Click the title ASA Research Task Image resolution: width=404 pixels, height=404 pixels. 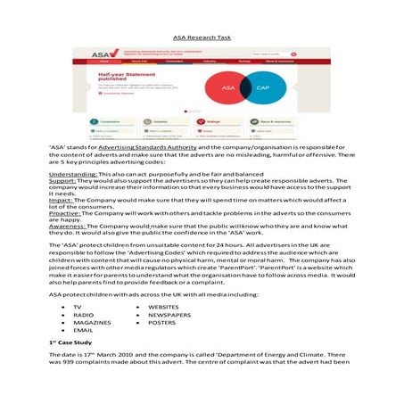click(201, 39)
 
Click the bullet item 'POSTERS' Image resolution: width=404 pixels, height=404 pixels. click(161, 323)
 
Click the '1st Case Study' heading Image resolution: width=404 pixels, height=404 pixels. click(72, 343)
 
